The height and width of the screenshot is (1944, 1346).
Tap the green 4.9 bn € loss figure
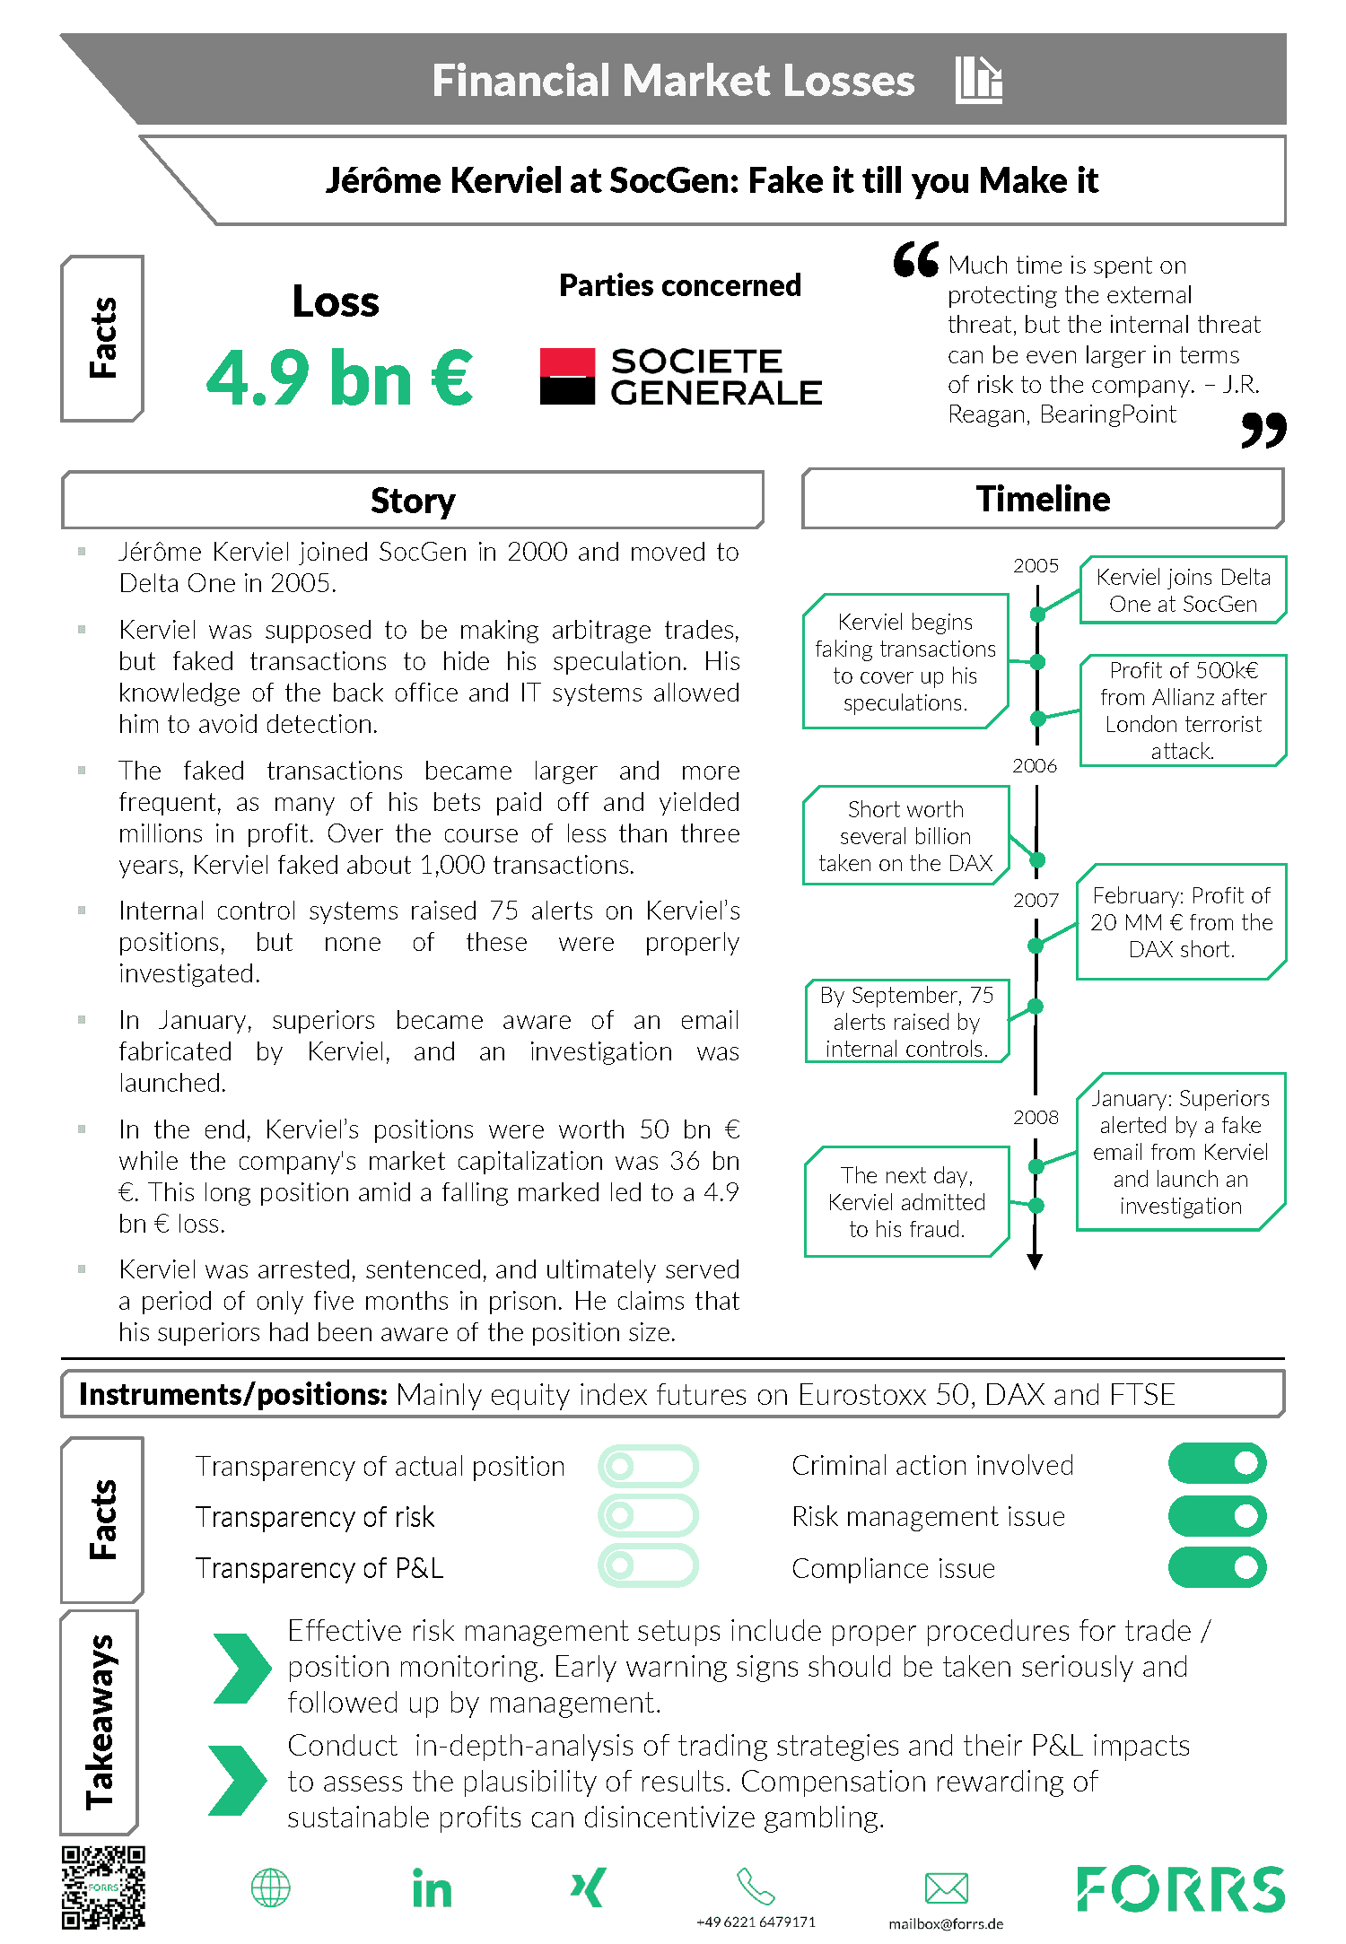(339, 378)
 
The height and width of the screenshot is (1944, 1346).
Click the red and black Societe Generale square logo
(567, 377)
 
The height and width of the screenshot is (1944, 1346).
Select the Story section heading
(413, 500)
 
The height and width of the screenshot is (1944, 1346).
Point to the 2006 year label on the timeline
(1035, 765)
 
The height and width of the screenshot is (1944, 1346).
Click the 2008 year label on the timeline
(1036, 1117)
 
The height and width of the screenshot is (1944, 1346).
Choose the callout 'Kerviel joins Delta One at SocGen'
(1183, 589)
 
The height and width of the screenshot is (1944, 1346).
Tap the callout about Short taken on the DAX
(905, 836)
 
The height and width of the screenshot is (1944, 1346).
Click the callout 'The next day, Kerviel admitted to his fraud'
(906, 1201)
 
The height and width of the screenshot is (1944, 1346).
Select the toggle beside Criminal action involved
(1217, 1463)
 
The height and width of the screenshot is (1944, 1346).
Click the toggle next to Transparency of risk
(648, 1515)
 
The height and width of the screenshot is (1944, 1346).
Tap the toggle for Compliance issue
(1217, 1567)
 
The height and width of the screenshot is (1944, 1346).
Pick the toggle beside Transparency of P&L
(648, 1565)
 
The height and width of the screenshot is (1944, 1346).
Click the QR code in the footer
(103, 1887)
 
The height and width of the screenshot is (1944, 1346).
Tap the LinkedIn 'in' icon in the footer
(432, 1888)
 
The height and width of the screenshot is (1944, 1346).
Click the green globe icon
(270, 1887)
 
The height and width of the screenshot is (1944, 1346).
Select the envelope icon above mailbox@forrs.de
(946, 1887)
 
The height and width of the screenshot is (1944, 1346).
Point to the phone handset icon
(756, 1886)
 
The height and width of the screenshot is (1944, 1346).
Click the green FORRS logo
(1180, 1888)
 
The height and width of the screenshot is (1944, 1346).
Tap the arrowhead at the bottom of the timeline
(1035, 1261)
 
